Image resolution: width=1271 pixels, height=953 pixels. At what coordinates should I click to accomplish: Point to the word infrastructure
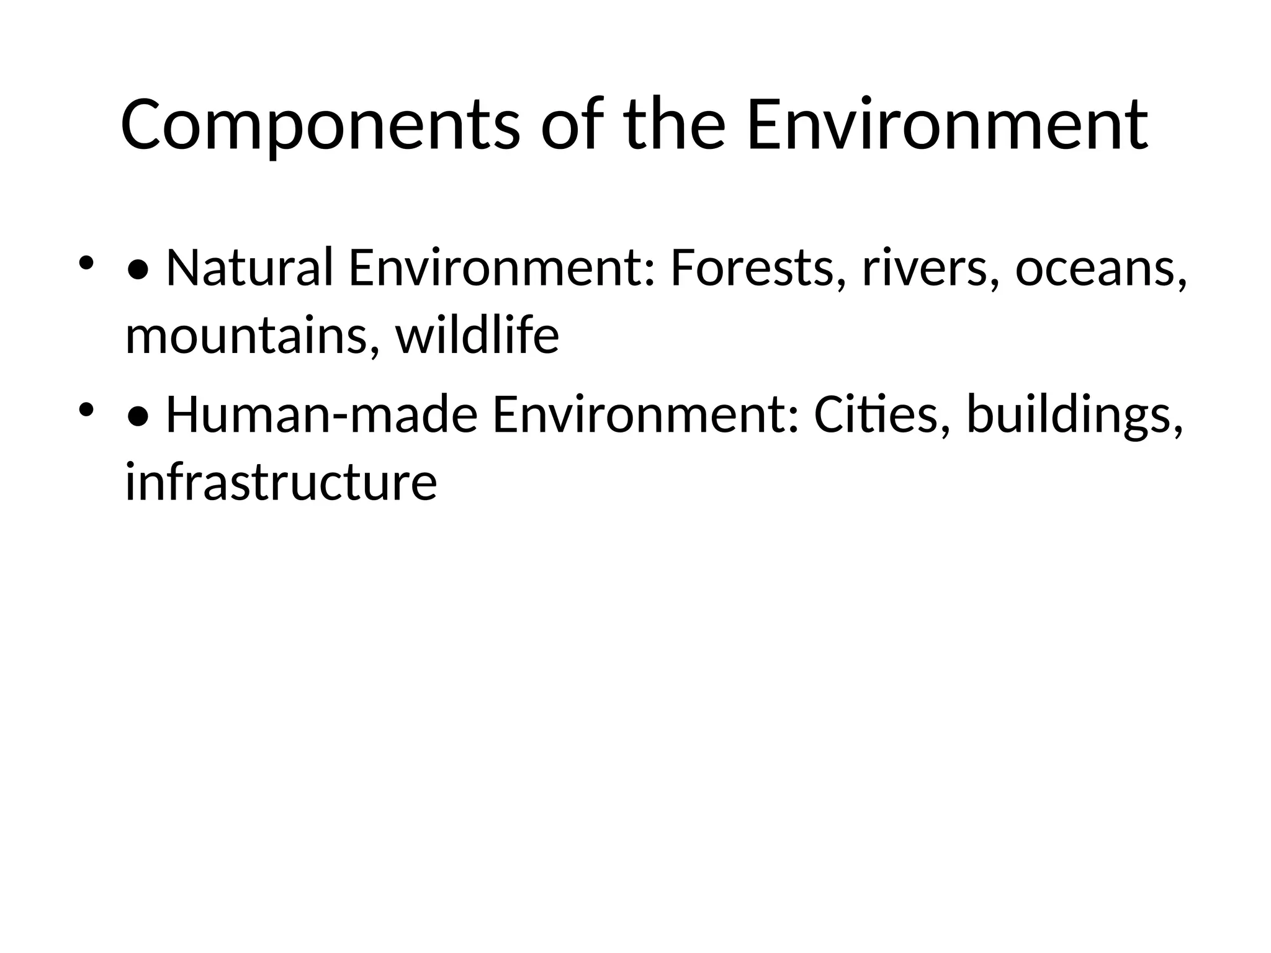click(x=281, y=482)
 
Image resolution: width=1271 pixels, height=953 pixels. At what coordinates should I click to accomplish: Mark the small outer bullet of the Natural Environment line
click(x=86, y=263)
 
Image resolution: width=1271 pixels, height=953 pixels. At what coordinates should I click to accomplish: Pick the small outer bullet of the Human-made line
click(x=86, y=410)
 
